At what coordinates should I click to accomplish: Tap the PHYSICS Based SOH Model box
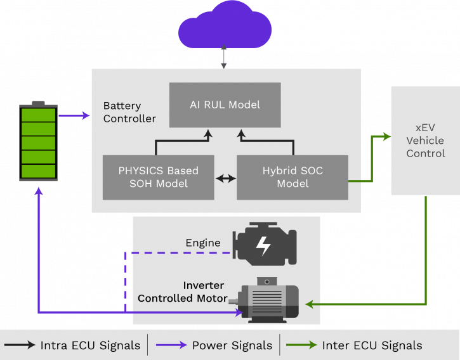tap(158, 177)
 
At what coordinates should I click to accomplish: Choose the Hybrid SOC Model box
tap(292, 177)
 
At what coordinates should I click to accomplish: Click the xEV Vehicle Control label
tap(425, 141)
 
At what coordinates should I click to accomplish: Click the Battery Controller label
tap(129, 112)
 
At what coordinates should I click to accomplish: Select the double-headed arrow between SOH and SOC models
tap(225, 178)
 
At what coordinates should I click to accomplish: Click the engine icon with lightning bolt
tap(264, 243)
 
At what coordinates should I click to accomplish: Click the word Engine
tap(202, 243)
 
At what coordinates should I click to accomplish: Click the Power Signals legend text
tap(232, 345)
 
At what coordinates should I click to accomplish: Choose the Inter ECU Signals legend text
tap(372, 345)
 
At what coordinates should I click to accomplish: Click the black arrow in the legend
tap(20, 345)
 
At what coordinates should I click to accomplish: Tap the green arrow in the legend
tap(302, 345)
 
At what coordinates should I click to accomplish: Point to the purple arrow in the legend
tap(170, 345)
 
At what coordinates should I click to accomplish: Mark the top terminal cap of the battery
tap(39, 103)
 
